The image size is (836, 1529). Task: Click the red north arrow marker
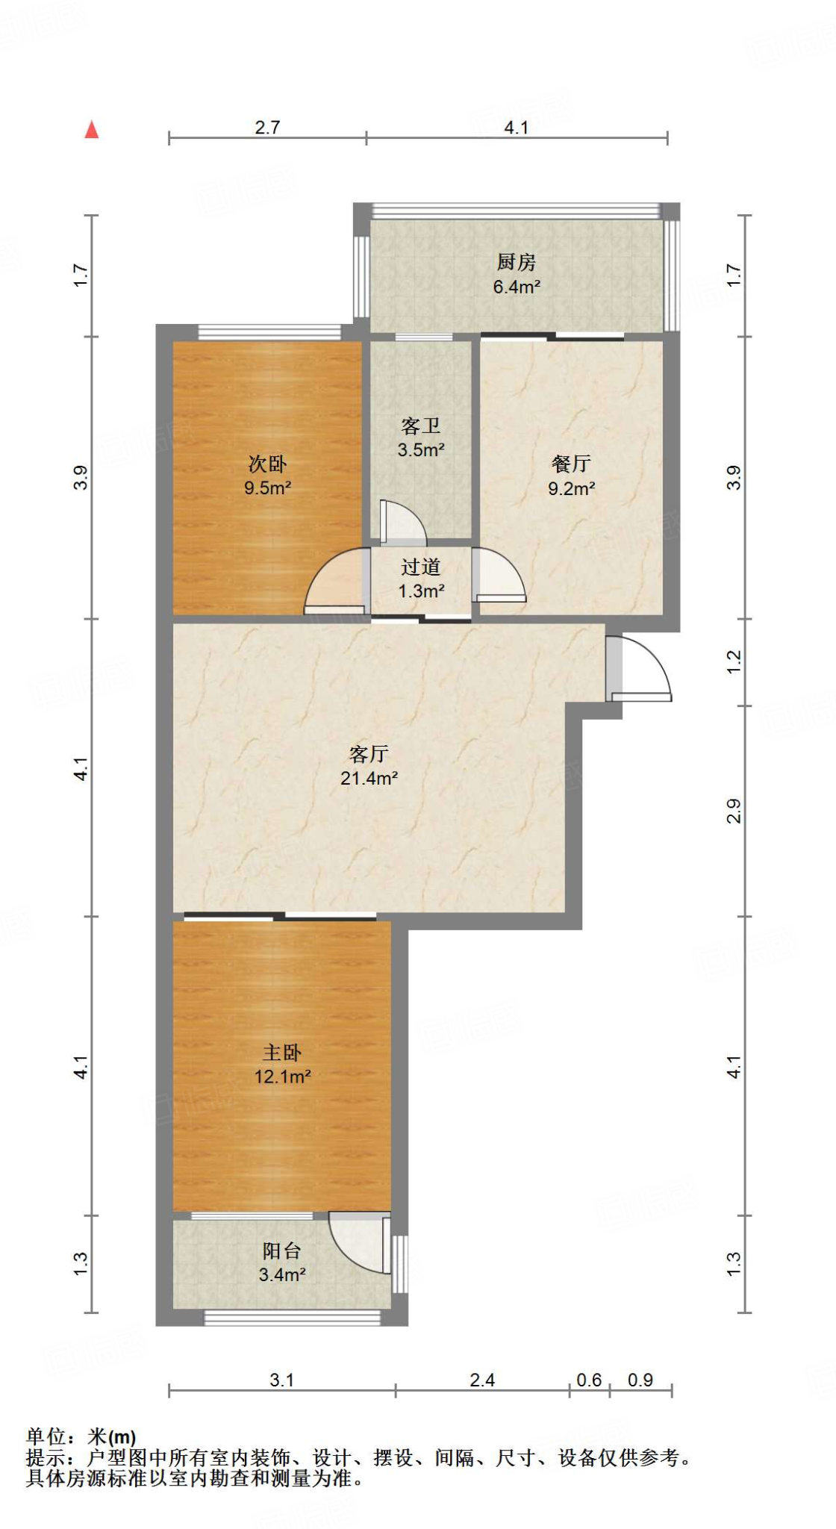tap(92, 130)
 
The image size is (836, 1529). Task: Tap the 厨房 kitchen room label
tap(516, 262)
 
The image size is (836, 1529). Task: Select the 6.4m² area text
tap(517, 286)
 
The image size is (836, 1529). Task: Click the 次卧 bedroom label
tap(267, 464)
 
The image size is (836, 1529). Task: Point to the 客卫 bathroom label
tap(421, 426)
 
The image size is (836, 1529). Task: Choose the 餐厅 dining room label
tap(571, 464)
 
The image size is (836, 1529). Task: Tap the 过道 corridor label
tap(421, 567)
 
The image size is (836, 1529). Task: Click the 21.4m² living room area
tap(369, 778)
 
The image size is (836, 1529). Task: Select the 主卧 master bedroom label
tap(282, 1052)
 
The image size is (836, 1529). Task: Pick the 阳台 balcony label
tap(282, 1251)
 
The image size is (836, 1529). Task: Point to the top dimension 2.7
tap(267, 127)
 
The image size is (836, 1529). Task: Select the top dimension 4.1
tap(516, 127)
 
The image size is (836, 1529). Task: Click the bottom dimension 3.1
tap(281, 1380)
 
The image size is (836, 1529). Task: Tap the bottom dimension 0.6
tap(589, 1380)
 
